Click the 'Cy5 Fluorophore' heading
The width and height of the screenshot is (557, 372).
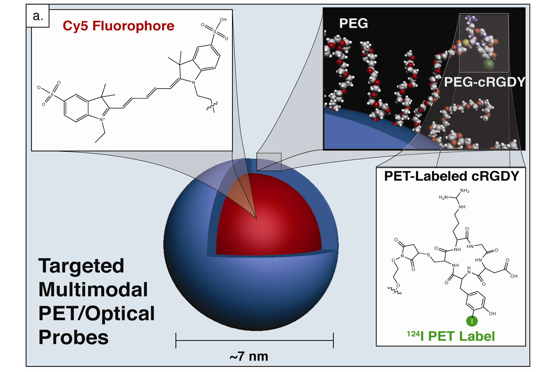117,26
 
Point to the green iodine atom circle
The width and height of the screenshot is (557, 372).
471,321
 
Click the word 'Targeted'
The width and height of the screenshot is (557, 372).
82,267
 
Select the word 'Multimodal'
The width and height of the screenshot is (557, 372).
93,290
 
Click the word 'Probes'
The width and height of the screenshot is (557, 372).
74,337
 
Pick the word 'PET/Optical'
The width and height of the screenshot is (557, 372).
96,314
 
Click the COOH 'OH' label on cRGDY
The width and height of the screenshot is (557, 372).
514,275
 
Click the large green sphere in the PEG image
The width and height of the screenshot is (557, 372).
488,65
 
